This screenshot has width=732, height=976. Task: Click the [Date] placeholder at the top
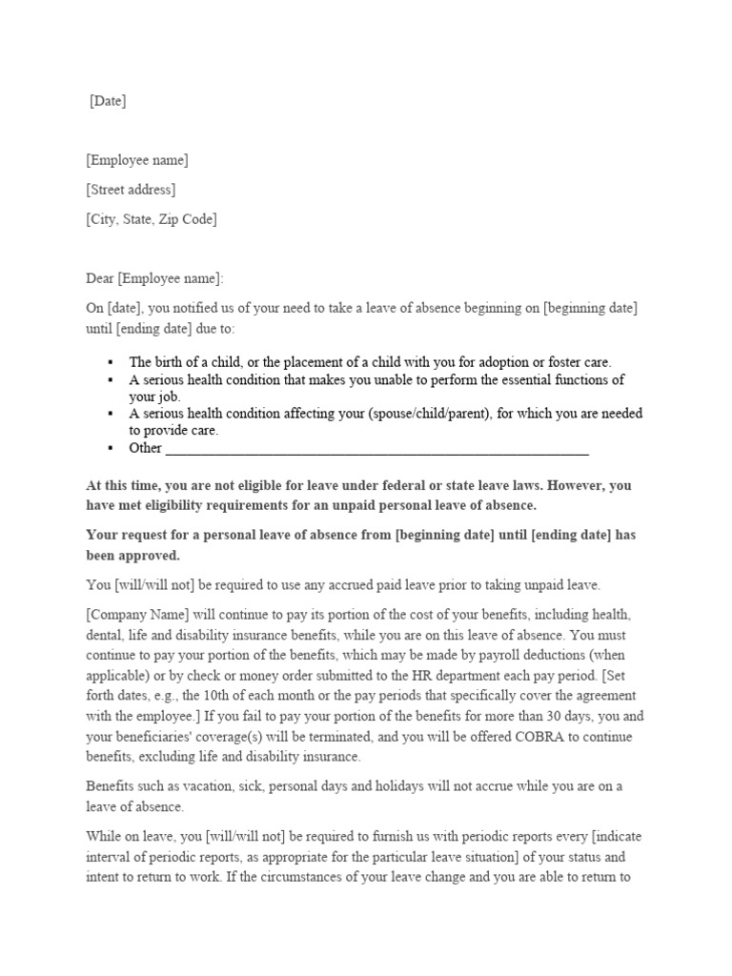(108, 101)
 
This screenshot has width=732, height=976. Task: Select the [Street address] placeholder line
(131, 190)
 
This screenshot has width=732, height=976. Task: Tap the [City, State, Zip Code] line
(152, 219)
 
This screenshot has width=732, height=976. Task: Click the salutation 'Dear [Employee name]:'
(154, 278)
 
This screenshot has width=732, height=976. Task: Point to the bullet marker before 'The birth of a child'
(112, 363)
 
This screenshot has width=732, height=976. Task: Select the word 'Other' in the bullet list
(146, 448)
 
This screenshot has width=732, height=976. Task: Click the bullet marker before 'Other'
(112, 448)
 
